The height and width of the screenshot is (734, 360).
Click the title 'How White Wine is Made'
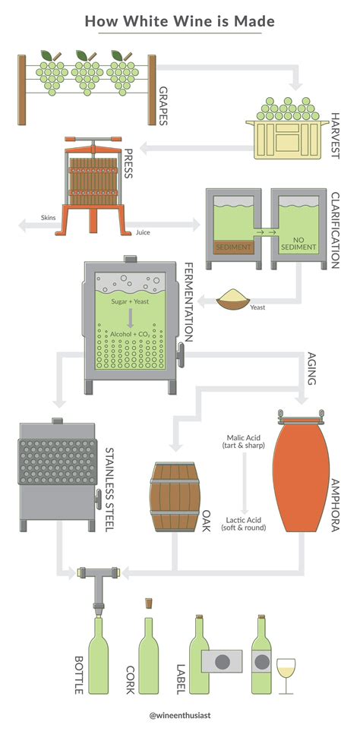pos(180,21)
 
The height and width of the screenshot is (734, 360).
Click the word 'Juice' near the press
pos(143,232)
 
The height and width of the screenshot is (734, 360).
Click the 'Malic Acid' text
pos(245,439)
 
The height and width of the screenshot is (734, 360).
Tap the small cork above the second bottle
pos(149,603)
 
